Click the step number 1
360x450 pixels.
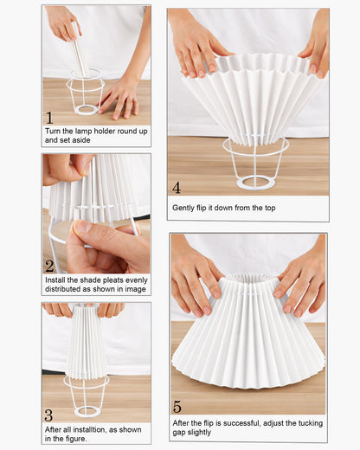[49, 118]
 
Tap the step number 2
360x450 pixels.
[49, 266]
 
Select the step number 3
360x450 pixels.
[48, 415]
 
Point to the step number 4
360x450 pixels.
[177, 188]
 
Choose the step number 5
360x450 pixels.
[177, 407]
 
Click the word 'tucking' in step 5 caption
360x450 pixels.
[311, 423]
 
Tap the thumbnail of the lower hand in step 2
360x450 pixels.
[83, 227]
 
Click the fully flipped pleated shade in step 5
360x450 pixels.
[248, 335]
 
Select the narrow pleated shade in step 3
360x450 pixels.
[87, 344]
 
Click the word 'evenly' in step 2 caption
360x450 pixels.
[137, 280]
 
